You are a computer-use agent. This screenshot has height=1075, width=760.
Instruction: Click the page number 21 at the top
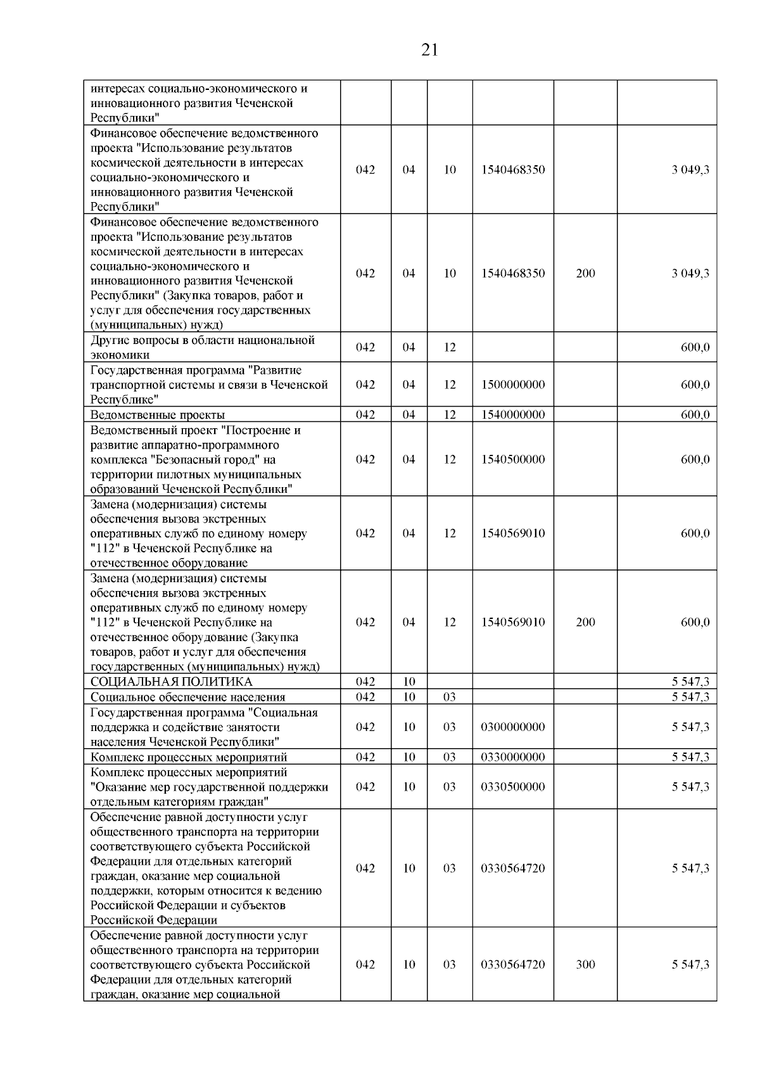point(429,50)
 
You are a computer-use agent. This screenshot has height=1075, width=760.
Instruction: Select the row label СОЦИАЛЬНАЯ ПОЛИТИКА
point(171,682)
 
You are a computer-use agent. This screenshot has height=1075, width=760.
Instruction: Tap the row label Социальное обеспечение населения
point(187,697)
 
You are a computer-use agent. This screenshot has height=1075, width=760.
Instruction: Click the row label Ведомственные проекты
point(158,415)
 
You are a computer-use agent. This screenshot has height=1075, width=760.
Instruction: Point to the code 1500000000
point(513,385)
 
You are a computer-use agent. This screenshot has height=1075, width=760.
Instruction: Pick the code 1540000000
point(513,415)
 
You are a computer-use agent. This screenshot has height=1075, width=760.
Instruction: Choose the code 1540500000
point(513,459)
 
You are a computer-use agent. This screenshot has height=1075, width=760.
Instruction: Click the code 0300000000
point(513,727)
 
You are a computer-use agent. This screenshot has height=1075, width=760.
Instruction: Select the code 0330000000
point(513,757)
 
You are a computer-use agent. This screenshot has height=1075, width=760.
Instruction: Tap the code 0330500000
point(513,787)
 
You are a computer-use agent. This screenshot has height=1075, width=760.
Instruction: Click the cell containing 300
point(585,964)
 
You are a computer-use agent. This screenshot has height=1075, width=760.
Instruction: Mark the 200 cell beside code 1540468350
point(585,273)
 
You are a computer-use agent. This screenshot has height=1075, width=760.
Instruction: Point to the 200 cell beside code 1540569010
point(585,622)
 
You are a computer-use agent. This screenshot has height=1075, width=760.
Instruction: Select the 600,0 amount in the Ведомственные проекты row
point(695,415)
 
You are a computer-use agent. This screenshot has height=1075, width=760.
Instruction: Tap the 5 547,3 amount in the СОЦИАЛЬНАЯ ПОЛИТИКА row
point(690,682)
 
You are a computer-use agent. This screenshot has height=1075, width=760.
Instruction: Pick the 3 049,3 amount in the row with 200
point(690,273)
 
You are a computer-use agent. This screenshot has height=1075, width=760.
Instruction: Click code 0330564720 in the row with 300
point(513,964)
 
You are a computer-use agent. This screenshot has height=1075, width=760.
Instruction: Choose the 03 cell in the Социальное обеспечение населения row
point(449,697)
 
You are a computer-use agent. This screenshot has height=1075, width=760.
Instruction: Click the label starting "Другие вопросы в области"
point(203,341)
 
